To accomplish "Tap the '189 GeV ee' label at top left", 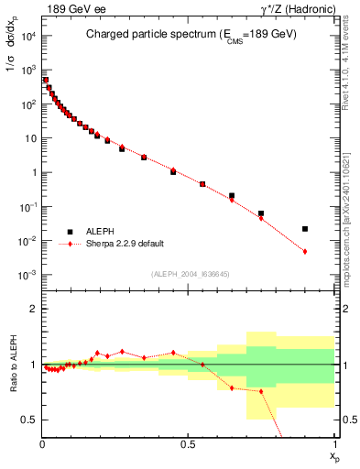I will tap(69, 8).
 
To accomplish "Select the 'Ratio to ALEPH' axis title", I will tap(12, 365).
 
